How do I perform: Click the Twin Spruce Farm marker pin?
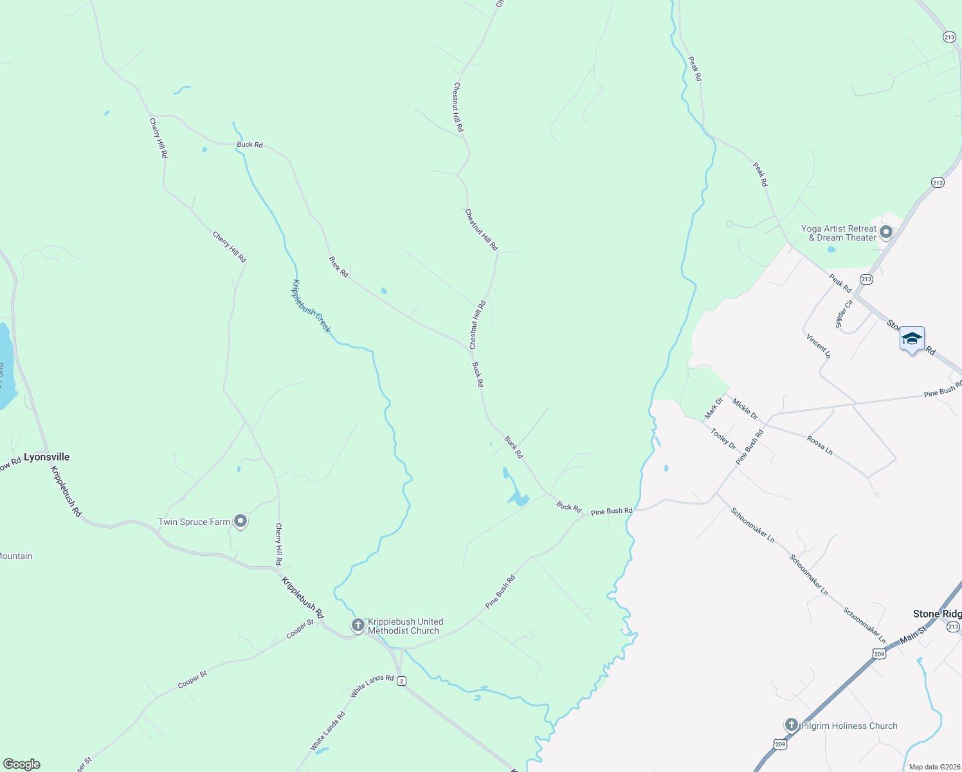click(240, 521)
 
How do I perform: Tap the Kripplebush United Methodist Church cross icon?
click(358, 625)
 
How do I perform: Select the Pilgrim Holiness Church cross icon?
click(792, 725)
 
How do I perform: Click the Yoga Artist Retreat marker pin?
click(886, 232)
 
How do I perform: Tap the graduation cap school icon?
click(912, 338)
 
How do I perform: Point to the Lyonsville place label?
click(46, 457)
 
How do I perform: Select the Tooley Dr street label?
click(723, 439)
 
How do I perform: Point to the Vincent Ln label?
click(818, 345)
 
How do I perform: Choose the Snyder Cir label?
click(844, 314)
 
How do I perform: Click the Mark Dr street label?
click(714, 408)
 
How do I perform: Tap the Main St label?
click(913, 635)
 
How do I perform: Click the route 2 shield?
click(401, 681)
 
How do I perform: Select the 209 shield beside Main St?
click(879, 654)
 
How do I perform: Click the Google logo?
click(22, 764)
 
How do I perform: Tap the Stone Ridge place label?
click(937, 614)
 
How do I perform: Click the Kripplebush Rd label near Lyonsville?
click(66, 491)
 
